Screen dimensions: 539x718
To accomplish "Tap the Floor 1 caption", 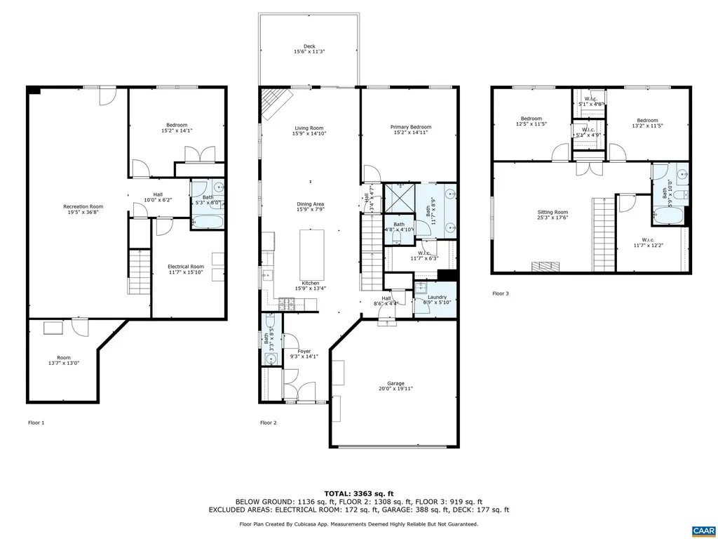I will [36, 422].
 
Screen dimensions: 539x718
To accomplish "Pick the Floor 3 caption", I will [500, 293].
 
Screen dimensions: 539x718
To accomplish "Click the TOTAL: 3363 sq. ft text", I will [358, 493].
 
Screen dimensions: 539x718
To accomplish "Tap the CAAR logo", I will [702, 530].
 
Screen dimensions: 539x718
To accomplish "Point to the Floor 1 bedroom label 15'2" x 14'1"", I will [177, 128].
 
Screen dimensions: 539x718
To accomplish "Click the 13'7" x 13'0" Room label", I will [63, 360].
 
